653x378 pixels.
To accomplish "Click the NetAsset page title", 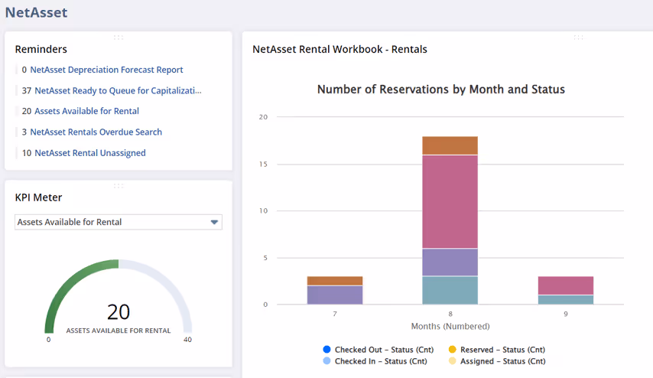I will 36,12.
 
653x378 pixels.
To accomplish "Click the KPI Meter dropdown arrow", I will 215,223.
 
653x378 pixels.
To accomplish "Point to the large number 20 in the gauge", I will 119,312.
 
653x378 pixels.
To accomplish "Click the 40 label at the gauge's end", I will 187,340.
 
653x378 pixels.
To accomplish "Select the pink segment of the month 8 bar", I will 450,201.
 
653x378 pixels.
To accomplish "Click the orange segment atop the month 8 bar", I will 450,145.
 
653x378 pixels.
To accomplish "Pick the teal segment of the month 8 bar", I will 450,290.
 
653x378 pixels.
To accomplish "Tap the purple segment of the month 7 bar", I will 335,295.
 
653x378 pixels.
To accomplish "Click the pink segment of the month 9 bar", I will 565,285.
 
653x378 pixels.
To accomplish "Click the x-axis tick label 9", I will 565,314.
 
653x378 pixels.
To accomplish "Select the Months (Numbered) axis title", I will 450,327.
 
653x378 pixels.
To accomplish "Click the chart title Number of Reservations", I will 440,90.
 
